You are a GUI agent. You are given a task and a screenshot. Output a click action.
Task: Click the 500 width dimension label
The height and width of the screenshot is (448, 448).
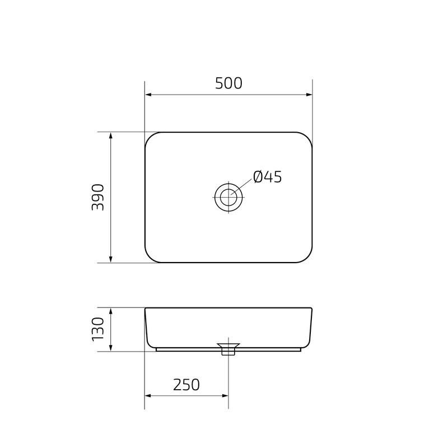coord(228,83)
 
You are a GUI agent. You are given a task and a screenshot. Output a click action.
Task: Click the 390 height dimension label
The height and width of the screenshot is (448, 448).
coord(99,197)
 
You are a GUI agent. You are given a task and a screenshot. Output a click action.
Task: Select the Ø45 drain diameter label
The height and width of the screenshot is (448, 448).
coord(267,178)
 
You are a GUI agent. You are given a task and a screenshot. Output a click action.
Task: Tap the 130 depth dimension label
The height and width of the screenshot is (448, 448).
coord(99,329)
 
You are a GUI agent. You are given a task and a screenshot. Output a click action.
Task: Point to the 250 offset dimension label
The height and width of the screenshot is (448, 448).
coord(186,385)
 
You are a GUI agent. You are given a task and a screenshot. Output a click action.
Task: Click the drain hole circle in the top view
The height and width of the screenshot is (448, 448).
coord(228,197)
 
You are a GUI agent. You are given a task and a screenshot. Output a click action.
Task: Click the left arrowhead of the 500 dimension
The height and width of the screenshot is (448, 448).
coord(149,95)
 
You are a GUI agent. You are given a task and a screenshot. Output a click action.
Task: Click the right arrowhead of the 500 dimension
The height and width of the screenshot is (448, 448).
coord(309,95)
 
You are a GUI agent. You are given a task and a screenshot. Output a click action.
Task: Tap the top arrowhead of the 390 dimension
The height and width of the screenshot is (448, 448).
coord(111,137)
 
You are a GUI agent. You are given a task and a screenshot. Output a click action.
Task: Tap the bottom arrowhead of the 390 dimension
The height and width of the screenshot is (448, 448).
coord(111,258)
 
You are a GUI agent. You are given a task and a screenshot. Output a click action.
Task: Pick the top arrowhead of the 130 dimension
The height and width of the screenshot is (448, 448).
coord(111,311)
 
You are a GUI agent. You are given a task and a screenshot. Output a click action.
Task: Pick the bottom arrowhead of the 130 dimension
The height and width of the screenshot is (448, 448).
coord(111,348)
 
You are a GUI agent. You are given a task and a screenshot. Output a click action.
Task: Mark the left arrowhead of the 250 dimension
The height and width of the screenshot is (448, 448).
coord(149,396)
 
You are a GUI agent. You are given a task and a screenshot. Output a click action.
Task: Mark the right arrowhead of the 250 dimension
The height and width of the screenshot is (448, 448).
coord(225,396)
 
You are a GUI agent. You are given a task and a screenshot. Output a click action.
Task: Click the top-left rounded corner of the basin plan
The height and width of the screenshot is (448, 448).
coord(151,138)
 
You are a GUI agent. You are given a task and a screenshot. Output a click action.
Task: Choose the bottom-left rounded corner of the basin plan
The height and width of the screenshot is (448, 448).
coord(151,257)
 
